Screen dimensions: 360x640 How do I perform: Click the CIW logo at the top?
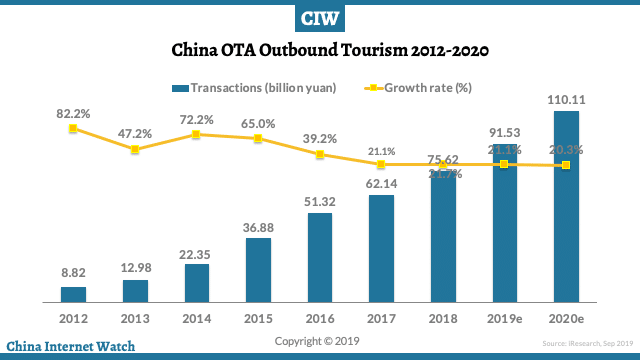tap(320, 18)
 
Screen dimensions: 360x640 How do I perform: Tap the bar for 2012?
tap(73, 294)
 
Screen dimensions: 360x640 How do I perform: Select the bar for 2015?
tap(258, 269)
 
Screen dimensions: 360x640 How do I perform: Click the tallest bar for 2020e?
tap(566, 205)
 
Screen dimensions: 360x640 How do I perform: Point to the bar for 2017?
tap(381, 248)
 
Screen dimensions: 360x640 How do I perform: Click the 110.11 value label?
tap(566, 100)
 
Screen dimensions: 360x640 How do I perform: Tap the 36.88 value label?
tap(258, 228)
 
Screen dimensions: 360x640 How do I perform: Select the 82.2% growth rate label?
tap(73, 113)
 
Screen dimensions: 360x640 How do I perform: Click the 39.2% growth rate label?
tap(320, 139)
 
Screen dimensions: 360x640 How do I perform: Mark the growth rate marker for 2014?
tap(196, 134)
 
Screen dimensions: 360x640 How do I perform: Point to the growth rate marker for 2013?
tap(135, 150)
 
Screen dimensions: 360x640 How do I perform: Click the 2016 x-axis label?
tap(320, 317)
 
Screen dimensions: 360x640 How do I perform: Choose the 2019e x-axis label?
tap(504, 317)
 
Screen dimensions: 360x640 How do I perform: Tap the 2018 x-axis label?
tap(443, 317)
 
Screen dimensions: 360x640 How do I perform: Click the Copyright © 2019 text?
tap(319, 341)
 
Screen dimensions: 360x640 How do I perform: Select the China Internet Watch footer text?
tap(70, 347)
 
